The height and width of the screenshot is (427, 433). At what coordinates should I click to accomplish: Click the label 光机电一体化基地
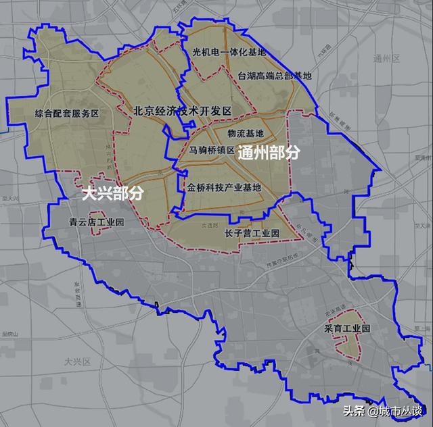pos(229,52)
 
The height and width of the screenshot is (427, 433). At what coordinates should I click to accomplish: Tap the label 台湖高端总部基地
pos(275,76)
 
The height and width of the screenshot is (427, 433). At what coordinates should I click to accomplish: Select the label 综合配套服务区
pos(66,114)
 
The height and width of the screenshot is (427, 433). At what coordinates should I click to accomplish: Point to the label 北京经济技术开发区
pos(183,110)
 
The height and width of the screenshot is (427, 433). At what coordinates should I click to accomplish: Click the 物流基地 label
pos(246,134)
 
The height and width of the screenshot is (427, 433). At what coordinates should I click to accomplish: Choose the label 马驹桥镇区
pos(211,150)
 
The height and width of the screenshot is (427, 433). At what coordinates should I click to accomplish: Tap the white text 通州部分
pos(269,153)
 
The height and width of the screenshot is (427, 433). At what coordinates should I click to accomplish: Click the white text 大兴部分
pos(112,194)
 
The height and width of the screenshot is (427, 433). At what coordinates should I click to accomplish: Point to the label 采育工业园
pos(348,329)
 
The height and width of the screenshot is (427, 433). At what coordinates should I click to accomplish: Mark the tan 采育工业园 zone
pos(350,341)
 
